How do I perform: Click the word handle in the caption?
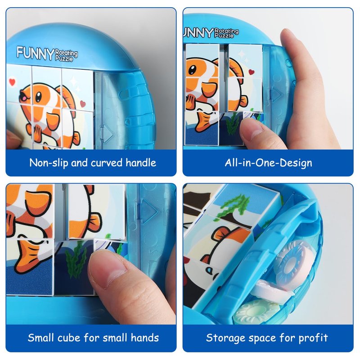coord(141,163)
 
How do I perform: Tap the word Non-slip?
coord(49,163)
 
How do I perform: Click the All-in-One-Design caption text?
coord(268,163)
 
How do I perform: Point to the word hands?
coord(144,338)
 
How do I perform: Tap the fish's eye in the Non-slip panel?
coord(38,97)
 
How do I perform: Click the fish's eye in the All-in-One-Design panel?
coord(192,70)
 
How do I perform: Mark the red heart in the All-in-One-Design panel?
coord(252,72)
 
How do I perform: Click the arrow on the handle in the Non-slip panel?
coord(106,134)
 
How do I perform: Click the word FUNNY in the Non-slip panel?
coord(36,53)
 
